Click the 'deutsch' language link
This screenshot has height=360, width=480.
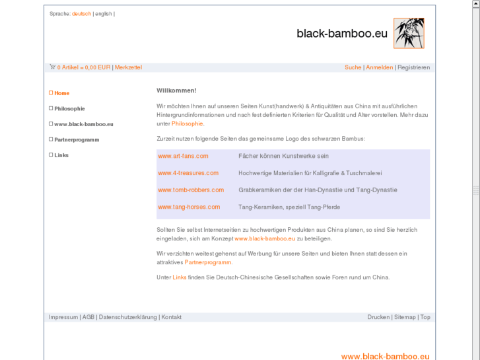(81, 14)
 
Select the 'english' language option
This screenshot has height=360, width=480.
(104, 14)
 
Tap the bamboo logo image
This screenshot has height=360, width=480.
(409, 33)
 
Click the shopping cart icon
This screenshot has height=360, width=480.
(52, 67)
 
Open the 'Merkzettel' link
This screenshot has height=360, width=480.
(128, 67)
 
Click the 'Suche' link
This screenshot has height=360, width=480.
(353, 67)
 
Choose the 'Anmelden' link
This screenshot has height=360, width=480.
(379, 67)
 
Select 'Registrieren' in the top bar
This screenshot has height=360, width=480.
(413, 67)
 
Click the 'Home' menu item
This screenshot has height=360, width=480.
(61, 93)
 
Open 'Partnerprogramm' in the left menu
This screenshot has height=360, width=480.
(77, 140)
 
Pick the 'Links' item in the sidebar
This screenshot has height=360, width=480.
(61, 155)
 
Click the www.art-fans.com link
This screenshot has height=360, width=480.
(183, 156)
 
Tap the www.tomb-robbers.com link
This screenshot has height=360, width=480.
(191, 190)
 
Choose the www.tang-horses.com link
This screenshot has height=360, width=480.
(189, 207)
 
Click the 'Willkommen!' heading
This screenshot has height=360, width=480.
(176, 90)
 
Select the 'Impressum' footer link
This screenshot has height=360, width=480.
(63, 317)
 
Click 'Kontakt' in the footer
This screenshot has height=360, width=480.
(172, 317)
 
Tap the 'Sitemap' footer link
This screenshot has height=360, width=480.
(405, 317)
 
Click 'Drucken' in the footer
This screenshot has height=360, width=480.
(378, 317)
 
